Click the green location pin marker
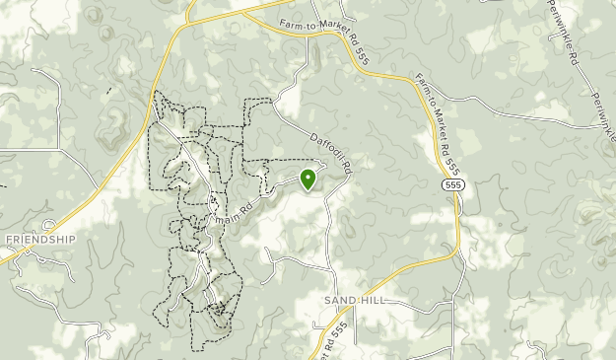308,179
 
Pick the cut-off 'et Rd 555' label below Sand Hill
328,340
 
